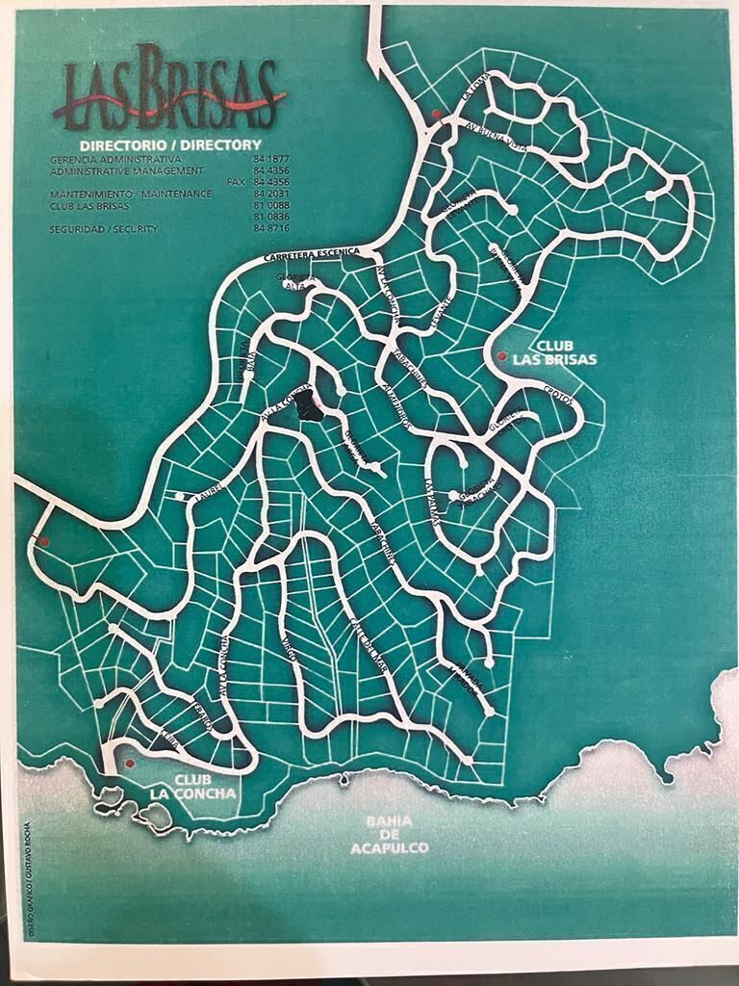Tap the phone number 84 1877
272,158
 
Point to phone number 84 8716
272,229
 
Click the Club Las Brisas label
566,352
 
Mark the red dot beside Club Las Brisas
501,356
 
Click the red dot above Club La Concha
129,763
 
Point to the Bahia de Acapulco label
390,834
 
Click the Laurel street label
209,491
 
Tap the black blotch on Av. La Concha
310,406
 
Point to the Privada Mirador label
463,685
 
